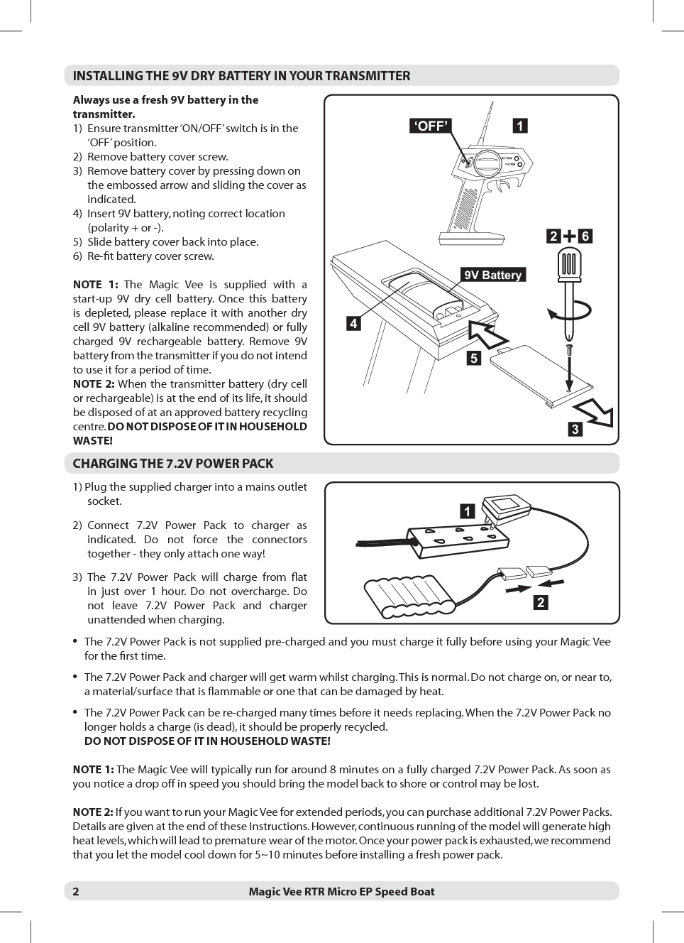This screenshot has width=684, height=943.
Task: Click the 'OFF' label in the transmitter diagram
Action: click(x=431, y=126)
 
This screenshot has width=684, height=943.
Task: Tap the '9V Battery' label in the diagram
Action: click(x=492, y=275)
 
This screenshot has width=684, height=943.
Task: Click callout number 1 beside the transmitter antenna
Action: click(x=520, y=126)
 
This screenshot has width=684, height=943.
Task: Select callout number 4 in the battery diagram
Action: click(x=353, y=324)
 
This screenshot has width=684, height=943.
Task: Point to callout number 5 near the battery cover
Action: click(x=473, y=358)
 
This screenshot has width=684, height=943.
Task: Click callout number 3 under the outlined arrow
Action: click(x=575, y=429)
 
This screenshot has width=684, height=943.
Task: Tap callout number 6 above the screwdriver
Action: click(x=585, y=236)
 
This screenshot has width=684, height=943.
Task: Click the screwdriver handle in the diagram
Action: click(x=569, y=264)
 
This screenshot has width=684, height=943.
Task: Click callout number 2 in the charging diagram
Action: click(x=541, y=602)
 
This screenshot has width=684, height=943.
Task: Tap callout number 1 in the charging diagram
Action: click(x=466, y=511)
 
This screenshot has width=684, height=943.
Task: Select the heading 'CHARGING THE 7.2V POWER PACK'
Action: click(x=173, y=464)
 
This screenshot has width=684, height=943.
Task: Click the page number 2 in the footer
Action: click(x=76, y=891)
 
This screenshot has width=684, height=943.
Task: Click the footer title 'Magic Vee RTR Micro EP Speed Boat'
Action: click(x=341, y=891)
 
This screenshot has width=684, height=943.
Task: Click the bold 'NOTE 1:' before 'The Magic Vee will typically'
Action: click(x=93, y=770)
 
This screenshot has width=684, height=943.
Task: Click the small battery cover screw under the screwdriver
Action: click(x=569, y=349)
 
